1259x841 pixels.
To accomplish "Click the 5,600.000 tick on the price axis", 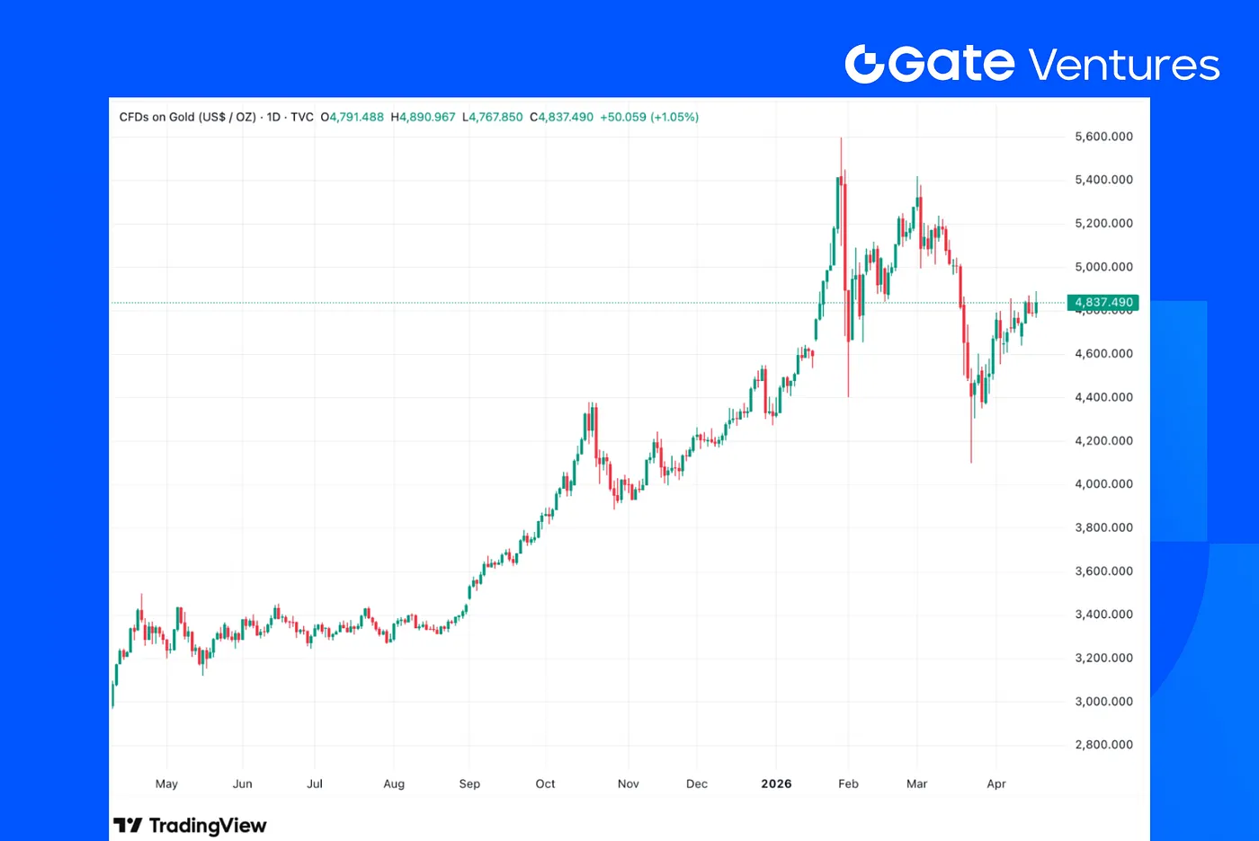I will tap(1103, 137).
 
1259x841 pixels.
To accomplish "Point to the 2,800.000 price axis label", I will tap(1103, 745).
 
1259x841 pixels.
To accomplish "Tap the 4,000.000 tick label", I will tap(1103, 484).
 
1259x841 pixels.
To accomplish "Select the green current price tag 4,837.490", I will tap(1103, 303).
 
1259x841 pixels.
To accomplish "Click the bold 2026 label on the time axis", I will tap(776, 783).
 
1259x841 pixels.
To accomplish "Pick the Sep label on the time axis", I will tap(469, 783).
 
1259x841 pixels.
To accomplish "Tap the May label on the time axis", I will tap(166, 783).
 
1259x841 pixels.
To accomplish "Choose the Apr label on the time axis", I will tap(996, 783).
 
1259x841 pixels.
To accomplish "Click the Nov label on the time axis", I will tap(629, 783).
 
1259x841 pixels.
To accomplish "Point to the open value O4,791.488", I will tap(353, 117).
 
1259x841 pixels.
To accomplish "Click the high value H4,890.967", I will tap(423, 117).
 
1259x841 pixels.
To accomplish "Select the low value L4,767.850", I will tap(493, 117).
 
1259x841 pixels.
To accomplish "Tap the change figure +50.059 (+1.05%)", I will tap(649, 117).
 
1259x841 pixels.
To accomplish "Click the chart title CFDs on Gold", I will tap(187, 117).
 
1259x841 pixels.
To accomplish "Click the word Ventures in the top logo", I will tap(1124, 66).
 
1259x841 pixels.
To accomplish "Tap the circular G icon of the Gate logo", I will tap(865, 64).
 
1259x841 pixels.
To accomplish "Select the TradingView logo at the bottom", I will tap(191, 825).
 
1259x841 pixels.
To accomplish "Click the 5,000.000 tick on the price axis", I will tap(1103, 267).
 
